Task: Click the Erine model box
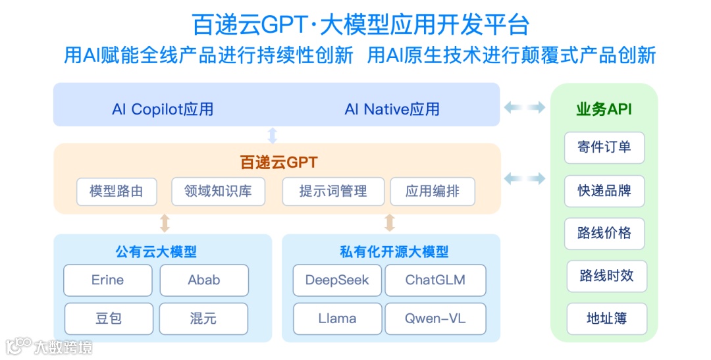[x=107, y=280]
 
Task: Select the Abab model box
[x=204, y=280]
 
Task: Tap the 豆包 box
[x=109, y=319]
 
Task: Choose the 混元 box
[x=204, y=319]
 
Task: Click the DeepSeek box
[x=337, y=280]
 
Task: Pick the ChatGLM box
[x=435, y=280]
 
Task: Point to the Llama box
[x=337, y=319]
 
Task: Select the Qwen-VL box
[x=435, y=319]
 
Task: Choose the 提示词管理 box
[x=332, y=192]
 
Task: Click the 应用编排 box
[x=432, y=192]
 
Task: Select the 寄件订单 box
[x=604, y=147]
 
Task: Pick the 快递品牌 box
[x=604, y=191]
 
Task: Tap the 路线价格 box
[x=604, y=233]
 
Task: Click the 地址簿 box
[x=606, y=319]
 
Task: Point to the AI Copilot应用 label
[x=163, y=109]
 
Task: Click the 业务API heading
[x=604, y=109]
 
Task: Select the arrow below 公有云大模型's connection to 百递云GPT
[x=165, y=223]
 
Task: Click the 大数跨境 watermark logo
[x=49, y=347]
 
